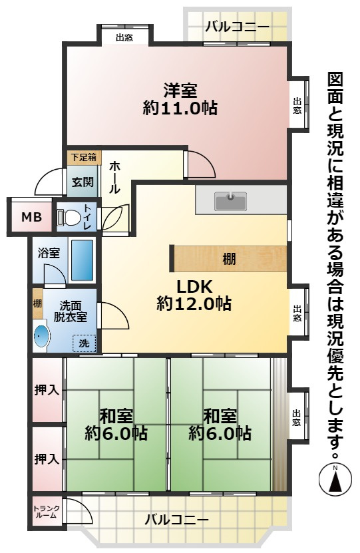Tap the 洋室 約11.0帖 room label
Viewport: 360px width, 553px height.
[180, 99]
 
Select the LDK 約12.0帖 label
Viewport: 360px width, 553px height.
[194, 295]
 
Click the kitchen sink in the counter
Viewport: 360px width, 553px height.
[230, 199]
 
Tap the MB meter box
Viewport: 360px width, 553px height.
[31, 217]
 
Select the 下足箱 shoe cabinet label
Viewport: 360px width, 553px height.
[83, 157]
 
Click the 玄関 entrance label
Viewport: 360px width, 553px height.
[83, 180]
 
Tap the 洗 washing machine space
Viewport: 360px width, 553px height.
[85, 343]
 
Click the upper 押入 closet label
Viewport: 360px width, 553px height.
[47, 390]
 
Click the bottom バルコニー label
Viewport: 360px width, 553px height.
[176, 520]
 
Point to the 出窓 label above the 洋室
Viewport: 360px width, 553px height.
[124, 37]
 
